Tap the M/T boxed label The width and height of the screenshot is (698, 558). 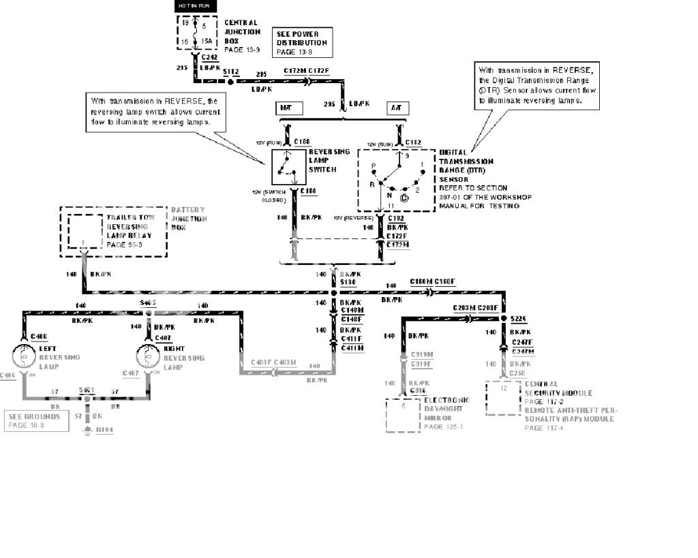point(286,108)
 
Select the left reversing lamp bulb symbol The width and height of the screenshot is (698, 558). point(25,356)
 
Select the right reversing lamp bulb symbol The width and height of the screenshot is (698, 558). point(147,356)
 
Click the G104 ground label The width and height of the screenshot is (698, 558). point(105,431)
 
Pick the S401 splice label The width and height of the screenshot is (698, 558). point(86,390)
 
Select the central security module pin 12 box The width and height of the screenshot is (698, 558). point(504,397)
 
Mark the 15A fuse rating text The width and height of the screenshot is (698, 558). point(205,42)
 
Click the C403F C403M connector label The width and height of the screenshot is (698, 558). point(274,361)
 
